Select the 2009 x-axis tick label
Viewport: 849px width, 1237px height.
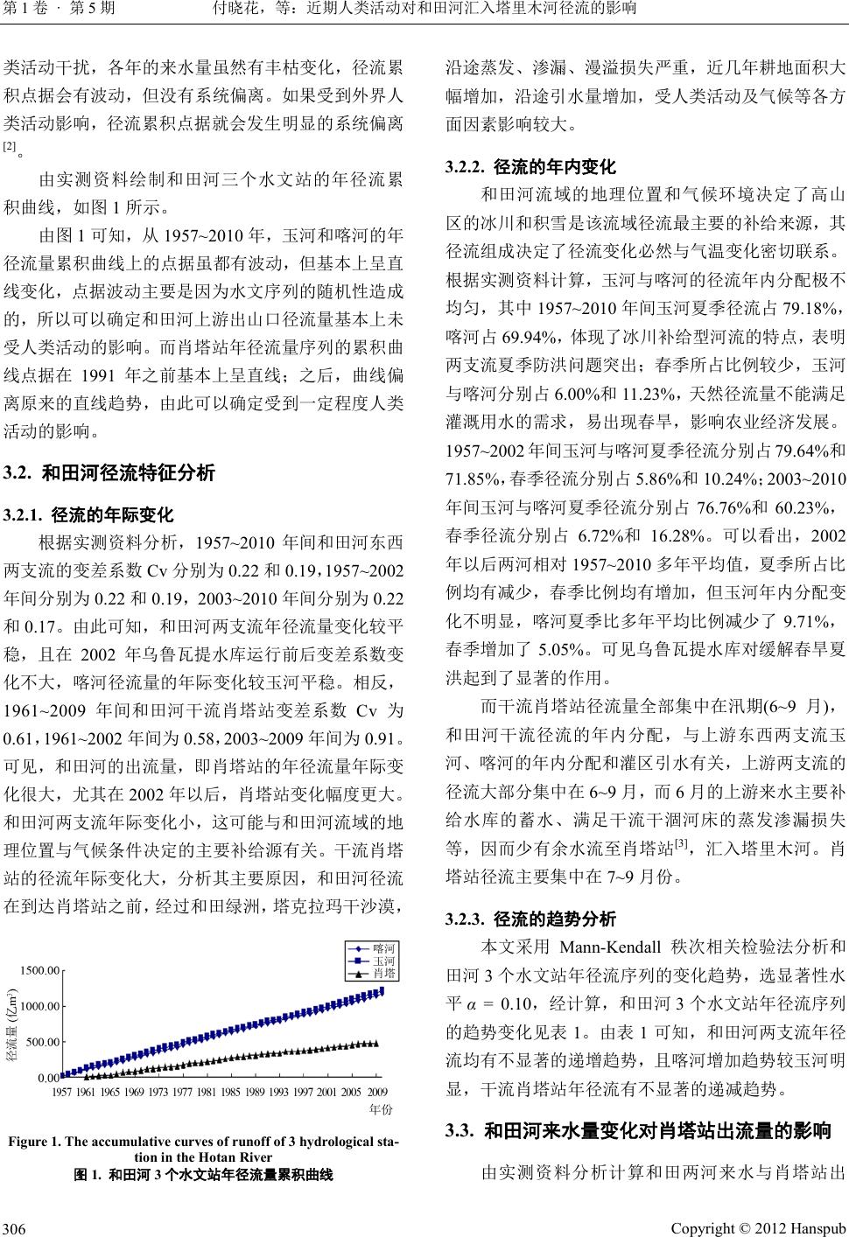pyautogui.click(x=378, y=1092)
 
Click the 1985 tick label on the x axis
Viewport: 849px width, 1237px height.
pyautogui.click(x=230, y=1092)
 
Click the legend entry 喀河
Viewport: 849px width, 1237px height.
pyautogui.click(x=383, y=948)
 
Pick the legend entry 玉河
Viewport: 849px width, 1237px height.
pyautogui.click(x=383, y=961)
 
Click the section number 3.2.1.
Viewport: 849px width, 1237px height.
pyautogui.click(x=25, y=514)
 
